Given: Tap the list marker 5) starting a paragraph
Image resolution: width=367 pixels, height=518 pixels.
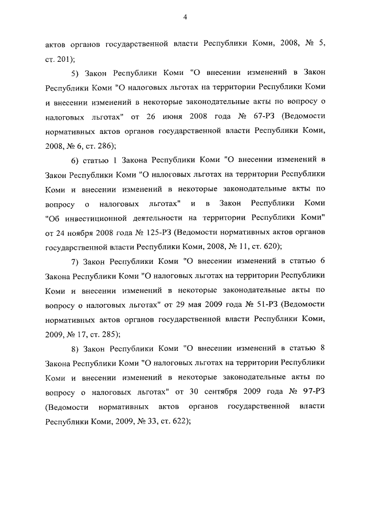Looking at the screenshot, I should point(75,74).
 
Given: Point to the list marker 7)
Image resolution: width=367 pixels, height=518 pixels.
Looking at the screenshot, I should point(75,262).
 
